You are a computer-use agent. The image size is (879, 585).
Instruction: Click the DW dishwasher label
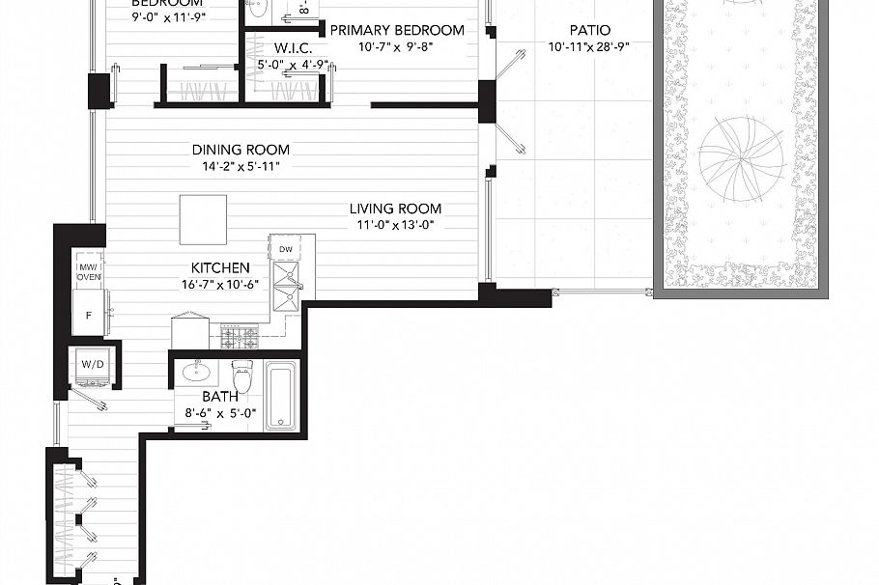285,249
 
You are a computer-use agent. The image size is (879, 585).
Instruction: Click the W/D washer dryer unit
92,366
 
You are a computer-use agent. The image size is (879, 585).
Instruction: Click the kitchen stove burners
240,337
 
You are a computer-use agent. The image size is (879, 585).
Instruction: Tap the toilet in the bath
241,377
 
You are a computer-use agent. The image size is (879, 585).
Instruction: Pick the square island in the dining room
203,219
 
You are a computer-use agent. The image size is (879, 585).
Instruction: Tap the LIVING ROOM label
395,209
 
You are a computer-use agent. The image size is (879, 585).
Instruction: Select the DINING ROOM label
241,150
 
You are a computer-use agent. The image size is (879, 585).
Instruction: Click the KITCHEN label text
220,267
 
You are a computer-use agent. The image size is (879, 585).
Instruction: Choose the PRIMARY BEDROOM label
397,30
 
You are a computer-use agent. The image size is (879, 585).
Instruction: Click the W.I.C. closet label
291,47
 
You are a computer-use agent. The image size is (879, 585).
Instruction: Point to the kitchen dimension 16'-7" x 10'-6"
220,285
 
